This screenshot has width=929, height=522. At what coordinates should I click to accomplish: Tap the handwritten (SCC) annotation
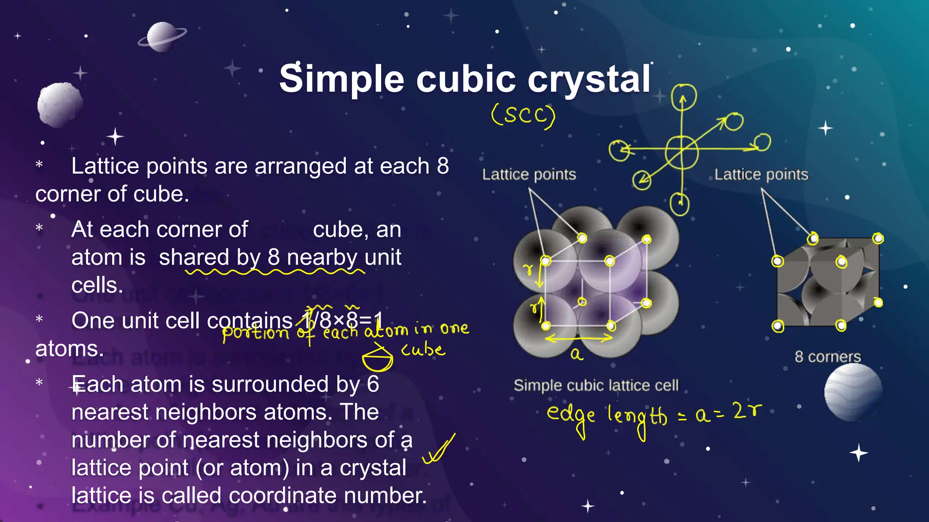(x=523, y=116)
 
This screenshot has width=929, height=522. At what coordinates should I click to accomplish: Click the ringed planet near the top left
(x=162, y=36)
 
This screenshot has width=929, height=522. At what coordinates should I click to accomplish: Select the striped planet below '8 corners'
(x=853, y=392)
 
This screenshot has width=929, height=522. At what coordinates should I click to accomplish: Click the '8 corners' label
(x=827, y=357)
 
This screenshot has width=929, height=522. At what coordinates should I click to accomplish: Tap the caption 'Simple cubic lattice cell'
(x=596, y=386)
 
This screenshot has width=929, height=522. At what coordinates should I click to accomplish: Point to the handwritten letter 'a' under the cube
(x=576, y=354)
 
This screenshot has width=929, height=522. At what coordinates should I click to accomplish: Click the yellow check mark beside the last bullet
(x=438, y=450)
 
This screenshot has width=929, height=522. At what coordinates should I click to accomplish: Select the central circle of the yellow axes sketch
(x=681, y=152)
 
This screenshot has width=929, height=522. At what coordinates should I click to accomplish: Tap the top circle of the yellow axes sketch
(x=684, y=97)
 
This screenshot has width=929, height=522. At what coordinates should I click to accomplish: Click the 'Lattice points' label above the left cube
(x=529, y=174)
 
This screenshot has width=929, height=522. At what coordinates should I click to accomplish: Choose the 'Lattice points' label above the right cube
(x=761, y=174)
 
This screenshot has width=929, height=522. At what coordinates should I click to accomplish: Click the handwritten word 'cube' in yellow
(x=423, y=349)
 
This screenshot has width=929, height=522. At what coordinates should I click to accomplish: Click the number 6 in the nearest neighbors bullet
(x=372, y=384)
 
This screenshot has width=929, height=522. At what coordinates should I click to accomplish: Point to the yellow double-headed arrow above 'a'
(x=579, y=338)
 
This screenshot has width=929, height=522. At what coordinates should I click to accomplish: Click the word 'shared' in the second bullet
(x=194, y=257)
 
